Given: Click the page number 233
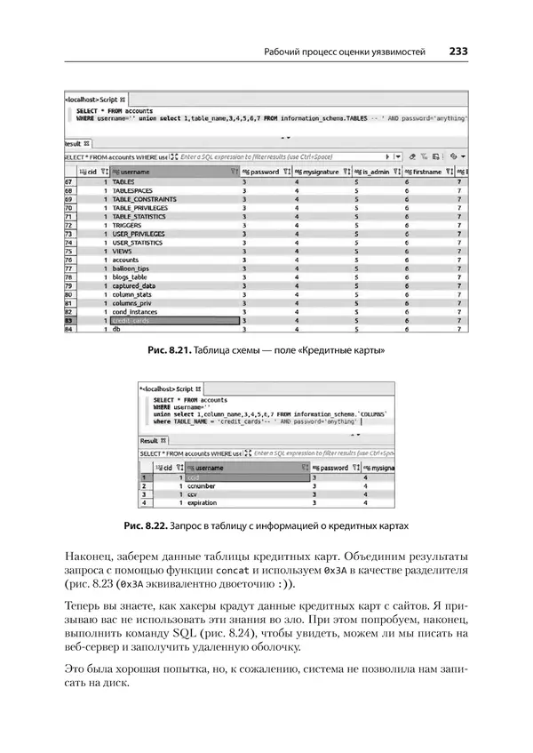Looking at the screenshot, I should [458, 52].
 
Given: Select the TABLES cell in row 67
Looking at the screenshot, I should [123, 181].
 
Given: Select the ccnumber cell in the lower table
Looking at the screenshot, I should [207, 486].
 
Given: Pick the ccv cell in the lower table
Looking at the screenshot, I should [195, 494].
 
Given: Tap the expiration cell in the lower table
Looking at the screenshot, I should [204, 502].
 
